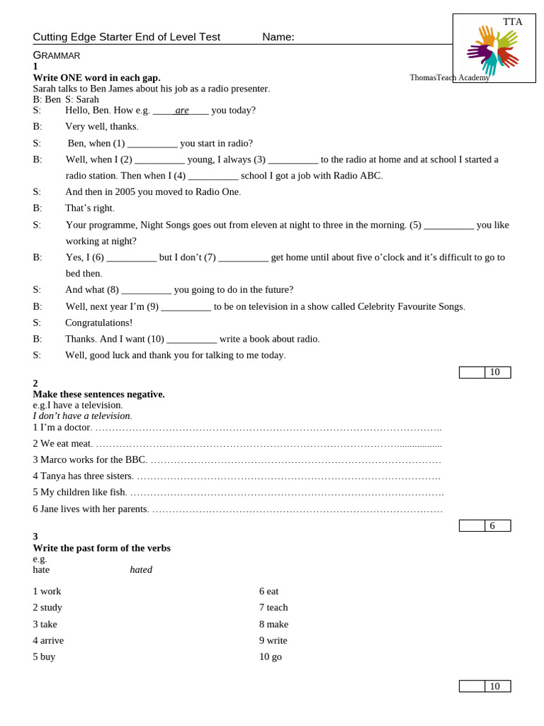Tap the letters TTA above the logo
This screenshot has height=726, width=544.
pyautogui.click(x=512, y=22)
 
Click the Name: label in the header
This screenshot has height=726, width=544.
pyautogui.click(x=278, y=37)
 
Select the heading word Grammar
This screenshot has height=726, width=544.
pyautogui.click(x=57, y=55)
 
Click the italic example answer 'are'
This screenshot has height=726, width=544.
pyautogui.click(x=182, y=110)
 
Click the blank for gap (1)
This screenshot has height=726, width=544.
pyautogui.click(x=152, y=144)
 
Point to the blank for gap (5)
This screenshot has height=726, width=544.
pyautogui.click(x=448, y=225)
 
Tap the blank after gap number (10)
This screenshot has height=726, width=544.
pyautogui.click(x=191, y=340)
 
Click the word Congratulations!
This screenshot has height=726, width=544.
pyautogui.click(x=98, y=323)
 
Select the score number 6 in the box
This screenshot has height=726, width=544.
pyautogui.click(x=492, y=525)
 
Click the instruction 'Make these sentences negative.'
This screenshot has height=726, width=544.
pyautogui.click(x=98, y=394)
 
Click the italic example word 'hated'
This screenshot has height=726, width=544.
pyautogui.click(x=141, y=569)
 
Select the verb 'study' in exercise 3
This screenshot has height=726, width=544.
pyautogui.click(x=51, y=607)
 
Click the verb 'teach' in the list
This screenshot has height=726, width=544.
pyautogui.click(x=277, y=607)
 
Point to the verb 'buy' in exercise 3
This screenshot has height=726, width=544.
pyautogui.click(x=47, y=657)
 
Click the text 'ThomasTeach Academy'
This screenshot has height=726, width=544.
pyautogui.click(x=449, y=77)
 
